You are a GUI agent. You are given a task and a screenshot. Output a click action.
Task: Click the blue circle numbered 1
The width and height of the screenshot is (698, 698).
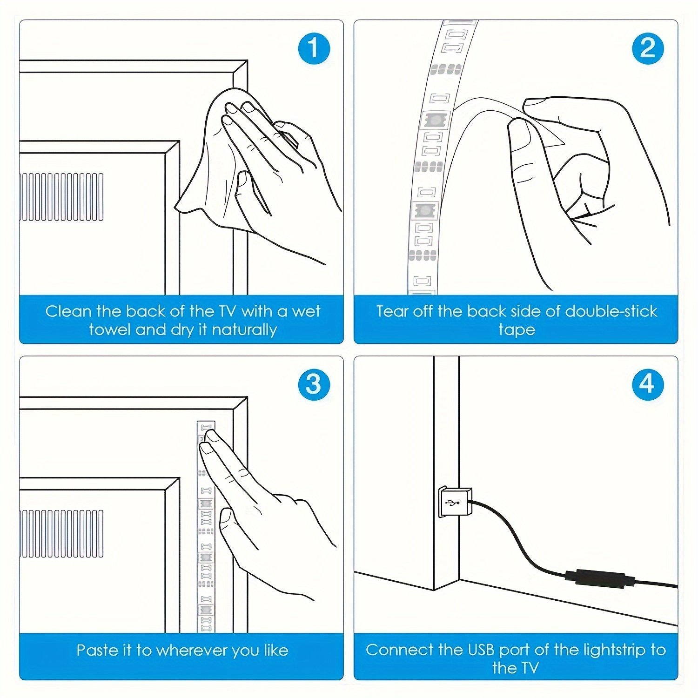[314, 48]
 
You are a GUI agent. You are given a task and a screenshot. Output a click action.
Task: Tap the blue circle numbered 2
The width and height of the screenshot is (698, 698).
[648, 48]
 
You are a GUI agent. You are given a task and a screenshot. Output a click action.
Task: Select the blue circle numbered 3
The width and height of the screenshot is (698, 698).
[314, 384]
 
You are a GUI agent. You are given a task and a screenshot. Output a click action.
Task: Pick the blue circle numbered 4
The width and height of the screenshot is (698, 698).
[648, 384]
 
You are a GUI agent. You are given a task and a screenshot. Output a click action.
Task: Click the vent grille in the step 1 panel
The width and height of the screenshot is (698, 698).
[61, 196]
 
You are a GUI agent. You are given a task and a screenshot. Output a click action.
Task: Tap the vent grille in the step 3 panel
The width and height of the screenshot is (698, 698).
[61, 533]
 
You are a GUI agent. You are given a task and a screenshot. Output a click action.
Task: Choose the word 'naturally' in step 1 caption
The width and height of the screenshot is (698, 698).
[244, 330]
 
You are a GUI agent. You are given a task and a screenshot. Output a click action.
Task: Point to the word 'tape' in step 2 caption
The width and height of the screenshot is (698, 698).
[517, 330]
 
